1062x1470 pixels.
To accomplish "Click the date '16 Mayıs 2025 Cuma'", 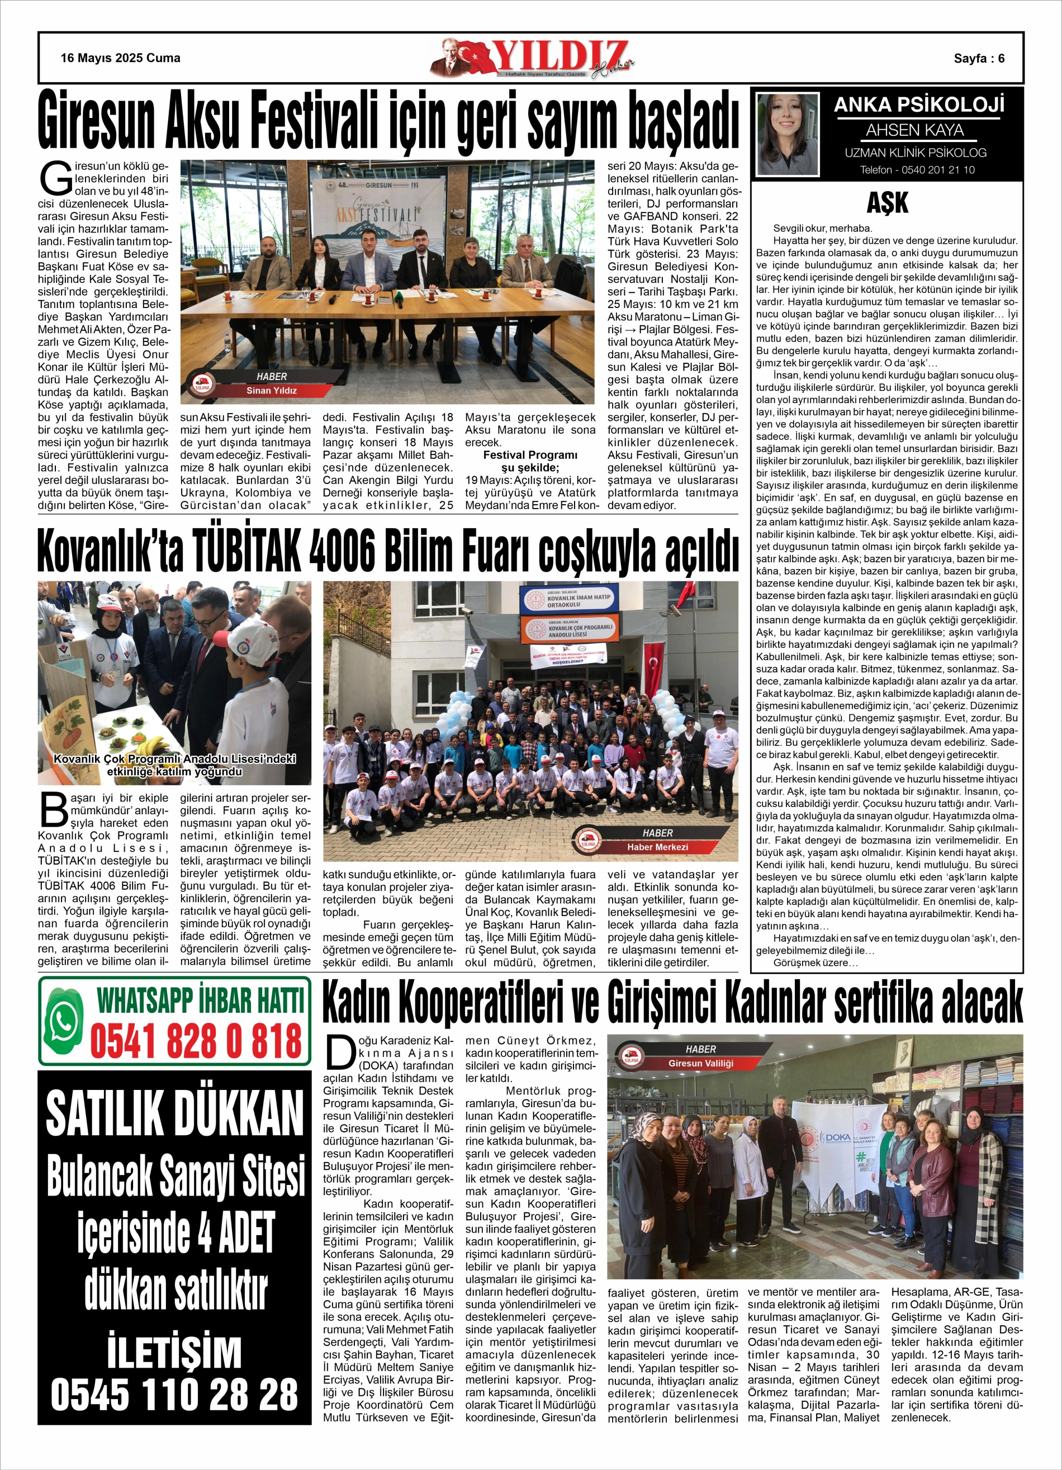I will [x=121, y=58].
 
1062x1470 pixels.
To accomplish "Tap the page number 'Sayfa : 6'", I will [x=979, y=58].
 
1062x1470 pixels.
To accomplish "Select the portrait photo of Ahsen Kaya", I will [x=788, y=134].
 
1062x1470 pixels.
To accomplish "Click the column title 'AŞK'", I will [x=887, y=203].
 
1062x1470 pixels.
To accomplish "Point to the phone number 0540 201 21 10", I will [x=916, y=170].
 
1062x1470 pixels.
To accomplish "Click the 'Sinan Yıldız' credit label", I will [x=271, y=391].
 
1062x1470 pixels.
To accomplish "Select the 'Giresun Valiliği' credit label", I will [x=700, y=1064].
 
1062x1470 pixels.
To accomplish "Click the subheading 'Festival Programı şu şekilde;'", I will [x=530, y=461].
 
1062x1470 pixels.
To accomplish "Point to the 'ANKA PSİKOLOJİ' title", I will [x=919, y=105].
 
